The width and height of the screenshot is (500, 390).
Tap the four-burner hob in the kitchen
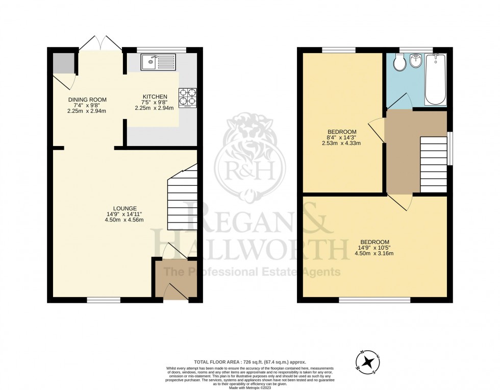[187, 97]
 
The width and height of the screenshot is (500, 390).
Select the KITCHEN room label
[155, 96]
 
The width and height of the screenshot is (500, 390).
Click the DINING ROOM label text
[88, 100]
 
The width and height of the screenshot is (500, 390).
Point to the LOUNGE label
[125, 208]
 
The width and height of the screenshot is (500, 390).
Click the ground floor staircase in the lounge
[183, 197]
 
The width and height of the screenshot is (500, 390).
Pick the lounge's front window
[104, 300]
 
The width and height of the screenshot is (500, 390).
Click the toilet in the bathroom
[401, 64]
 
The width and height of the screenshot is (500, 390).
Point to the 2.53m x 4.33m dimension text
[341, 143]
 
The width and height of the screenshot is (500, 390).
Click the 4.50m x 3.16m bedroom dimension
[375, 253]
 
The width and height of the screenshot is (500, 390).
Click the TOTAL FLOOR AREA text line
[250, 361]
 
